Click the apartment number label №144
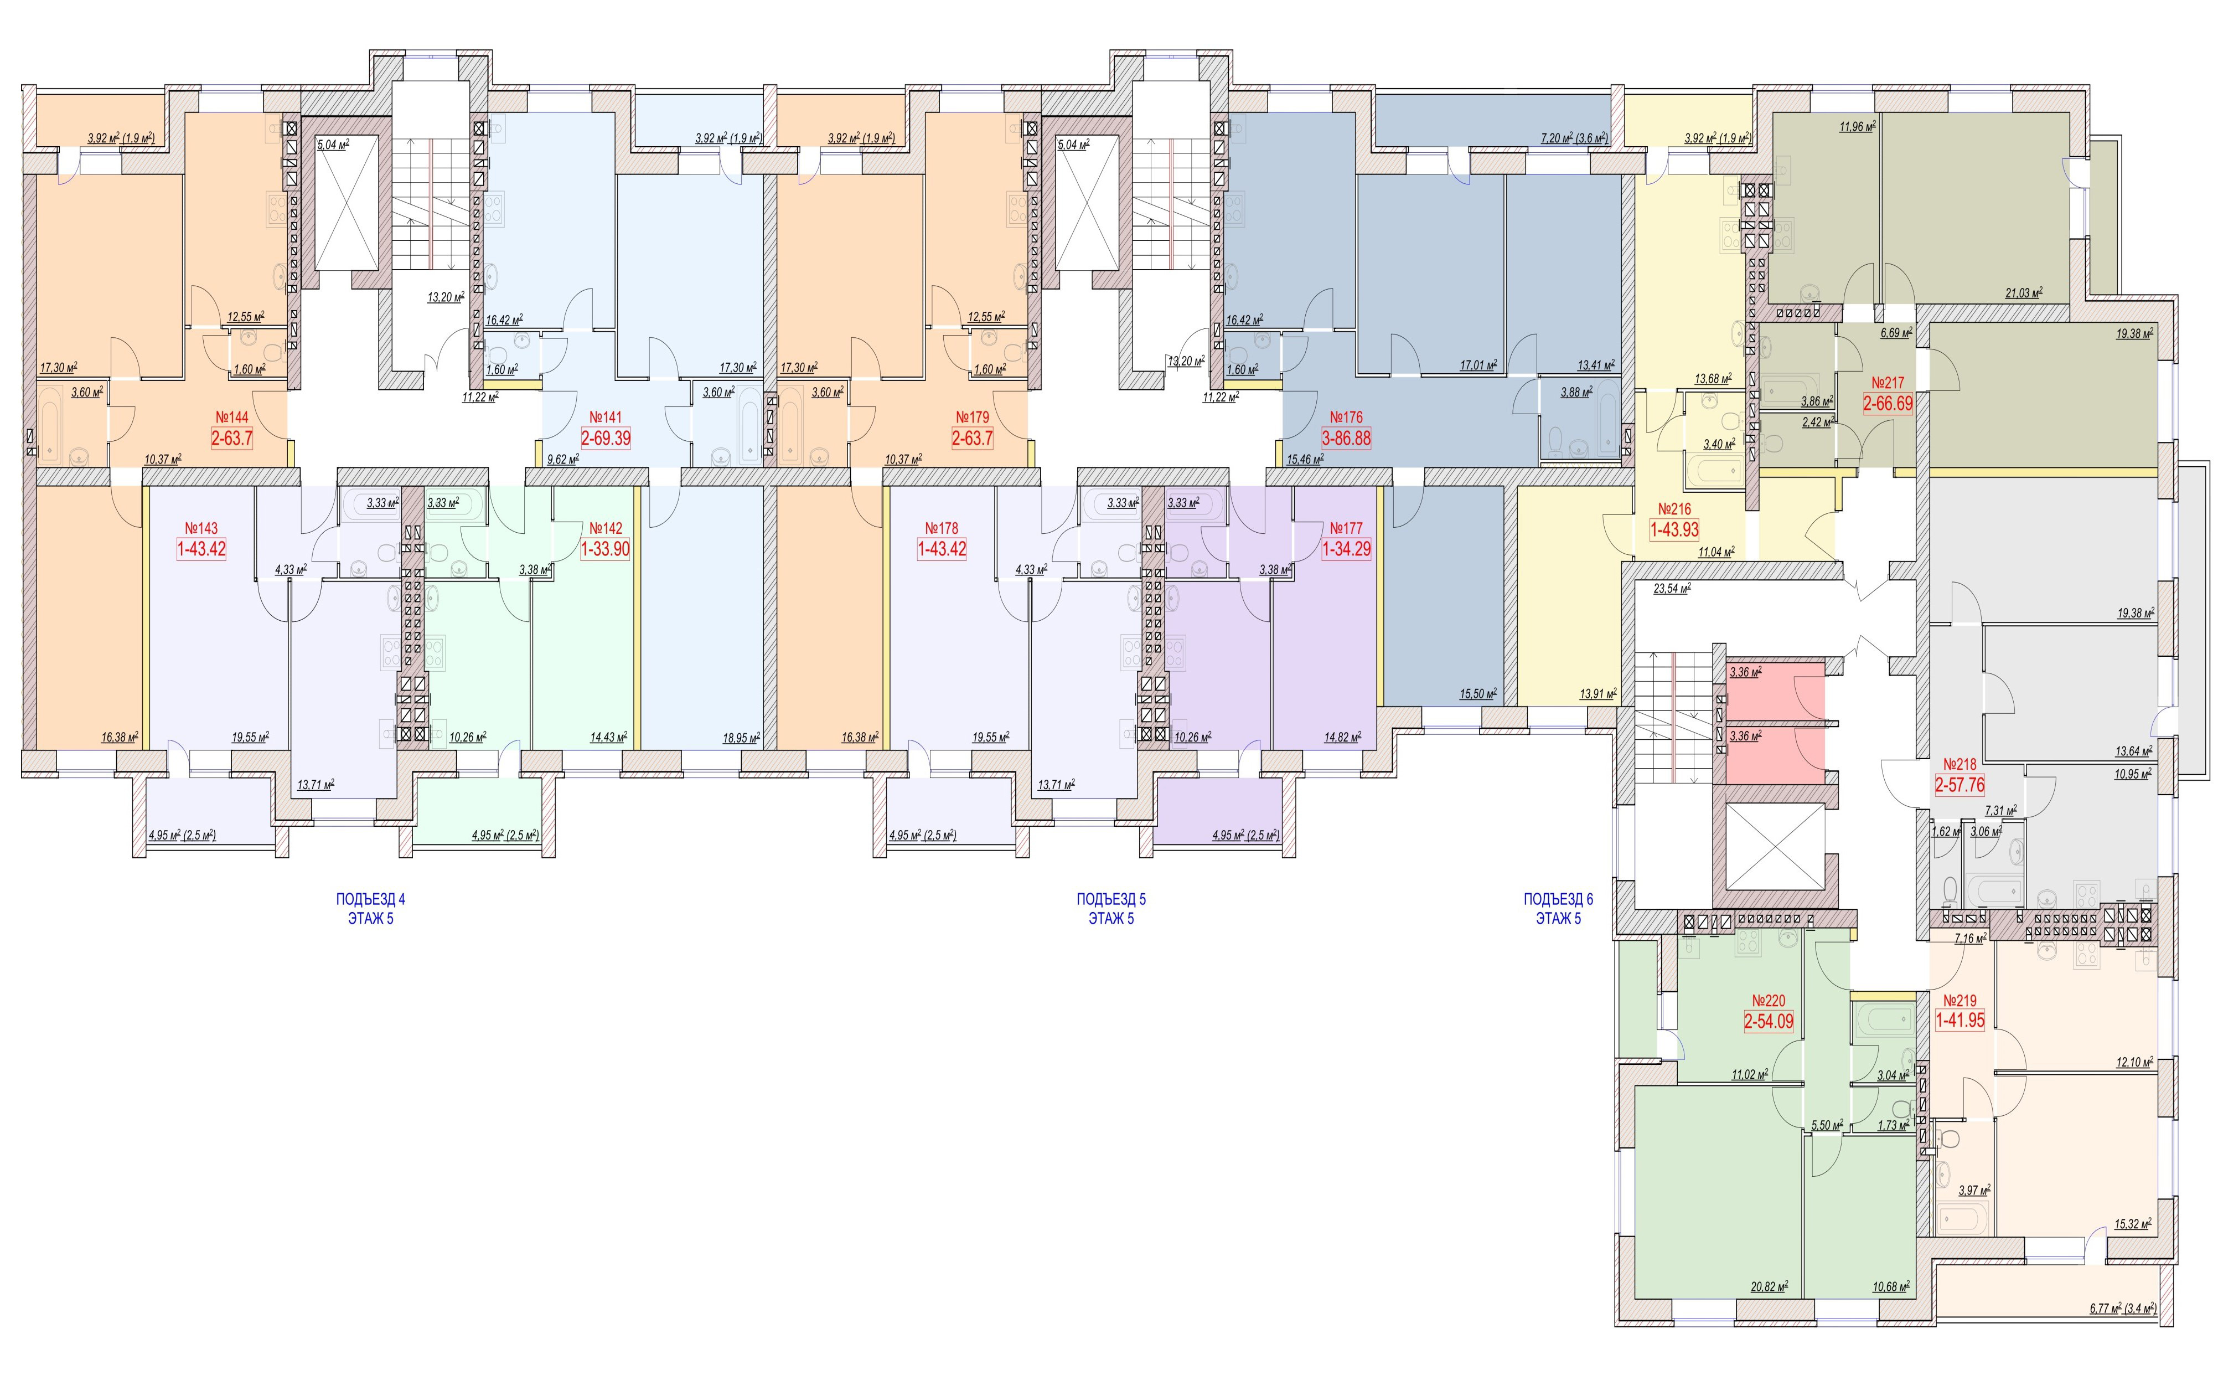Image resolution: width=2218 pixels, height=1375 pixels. coord(232,418)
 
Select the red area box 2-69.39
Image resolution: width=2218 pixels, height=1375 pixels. coord(606,439)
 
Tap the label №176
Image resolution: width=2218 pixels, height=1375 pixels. coord(1346,418)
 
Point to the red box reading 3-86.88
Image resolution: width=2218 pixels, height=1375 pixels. coord(1346,439)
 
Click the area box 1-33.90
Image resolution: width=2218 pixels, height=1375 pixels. coord(606,549)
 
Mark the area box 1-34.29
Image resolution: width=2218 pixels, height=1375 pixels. coord(1346,549)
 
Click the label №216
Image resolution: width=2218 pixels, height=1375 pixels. coord(1674,509)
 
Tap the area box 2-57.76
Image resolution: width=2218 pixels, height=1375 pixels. coord(1960,785)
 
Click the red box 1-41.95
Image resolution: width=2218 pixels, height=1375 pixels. coord(1960,1021)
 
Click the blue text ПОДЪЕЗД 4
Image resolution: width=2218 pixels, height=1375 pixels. coord(371,899)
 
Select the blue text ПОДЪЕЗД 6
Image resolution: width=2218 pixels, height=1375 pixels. coord(1558,899)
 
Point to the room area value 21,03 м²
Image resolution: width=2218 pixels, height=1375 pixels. coord(2024,293)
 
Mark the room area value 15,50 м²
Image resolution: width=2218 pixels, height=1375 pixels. coord(1478,694)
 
